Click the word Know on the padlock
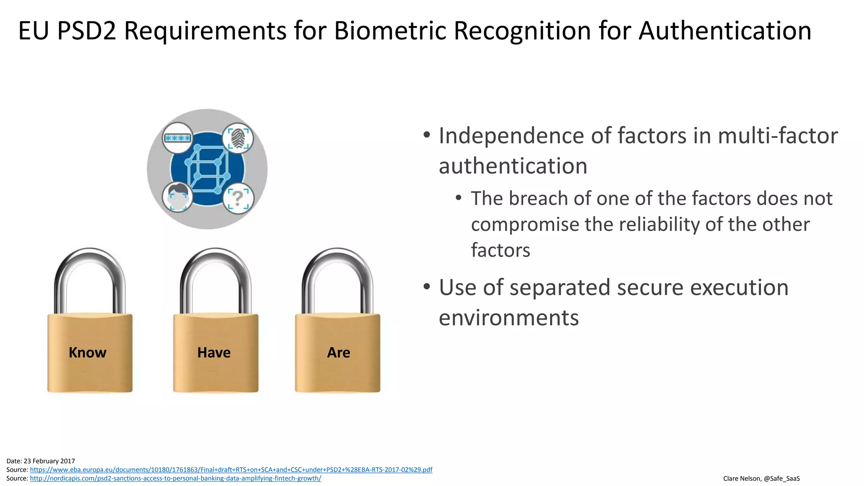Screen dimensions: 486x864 tap(87, 352)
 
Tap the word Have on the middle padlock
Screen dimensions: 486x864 tap(214, 352)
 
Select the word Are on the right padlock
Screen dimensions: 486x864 tap(338, 352)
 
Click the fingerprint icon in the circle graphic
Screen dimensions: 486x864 tap(238, 138)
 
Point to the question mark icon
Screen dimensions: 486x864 tap(238, 198)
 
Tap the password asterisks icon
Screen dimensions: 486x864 tap(178, 138)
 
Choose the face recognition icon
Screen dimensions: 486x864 tap(178, 197)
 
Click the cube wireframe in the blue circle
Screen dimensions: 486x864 tap(207, 169)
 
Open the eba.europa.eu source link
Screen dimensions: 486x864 tap(231, 470)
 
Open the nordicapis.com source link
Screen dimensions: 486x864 tap(175, 478)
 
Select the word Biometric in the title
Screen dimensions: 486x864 tap(390, 31)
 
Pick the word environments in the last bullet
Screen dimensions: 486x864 tap(509, 318)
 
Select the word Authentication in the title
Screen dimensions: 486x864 tap(725, 31)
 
